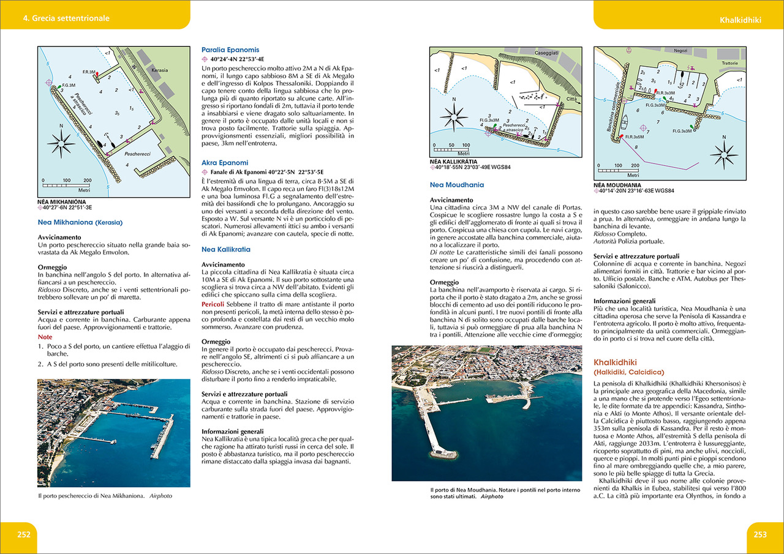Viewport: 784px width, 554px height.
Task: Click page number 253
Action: click(760, 534)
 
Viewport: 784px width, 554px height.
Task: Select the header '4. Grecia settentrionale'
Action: click(66, 18)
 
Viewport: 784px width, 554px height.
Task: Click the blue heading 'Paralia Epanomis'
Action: click(230, 50)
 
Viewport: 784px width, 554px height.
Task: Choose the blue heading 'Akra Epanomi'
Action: click(225, 162)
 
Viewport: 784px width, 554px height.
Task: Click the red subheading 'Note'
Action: click(45, 337)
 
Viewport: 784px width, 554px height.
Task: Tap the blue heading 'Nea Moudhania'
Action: click(456, 184)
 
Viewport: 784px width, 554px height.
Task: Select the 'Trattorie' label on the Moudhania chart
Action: click(729, 63)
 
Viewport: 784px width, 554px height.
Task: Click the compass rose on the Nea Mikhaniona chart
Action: click(61, 145)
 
